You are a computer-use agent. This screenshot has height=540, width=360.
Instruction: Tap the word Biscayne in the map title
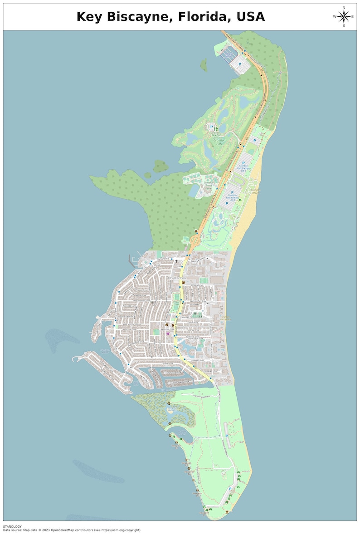(136, 17)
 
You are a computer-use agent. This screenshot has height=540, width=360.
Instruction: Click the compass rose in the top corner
(344, 17)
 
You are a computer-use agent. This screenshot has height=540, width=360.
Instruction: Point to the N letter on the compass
(344, 8)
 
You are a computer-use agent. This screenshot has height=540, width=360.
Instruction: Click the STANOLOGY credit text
(12, 526)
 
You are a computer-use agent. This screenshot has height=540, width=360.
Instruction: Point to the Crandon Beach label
(254, 191)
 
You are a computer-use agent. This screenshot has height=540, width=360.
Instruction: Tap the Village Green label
(177, 303)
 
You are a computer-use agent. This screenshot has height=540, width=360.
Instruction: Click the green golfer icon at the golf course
(216, 128)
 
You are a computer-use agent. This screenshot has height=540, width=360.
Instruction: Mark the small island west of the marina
(204, 65)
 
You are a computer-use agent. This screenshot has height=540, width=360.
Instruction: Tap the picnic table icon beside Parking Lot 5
(240, 200)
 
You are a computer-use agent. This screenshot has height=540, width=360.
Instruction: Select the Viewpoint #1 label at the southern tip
(204, 513)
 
